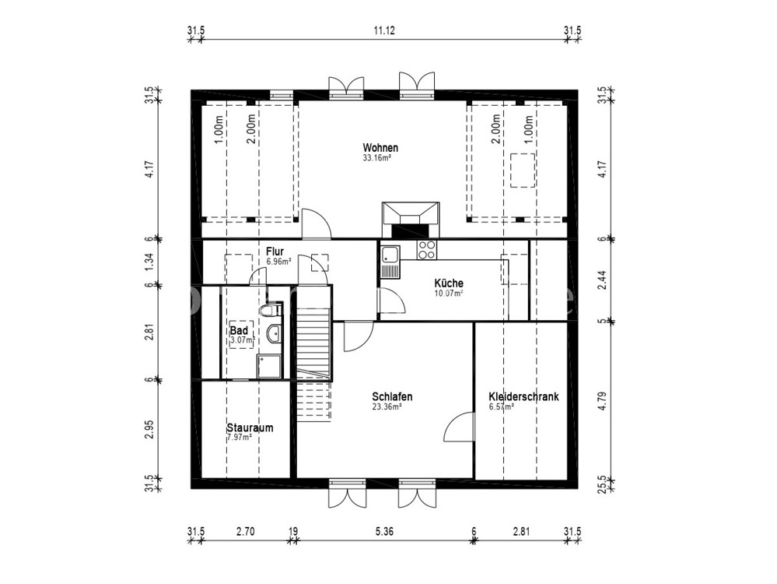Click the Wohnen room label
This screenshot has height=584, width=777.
pos(380,148)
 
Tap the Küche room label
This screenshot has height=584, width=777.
pos(449,283)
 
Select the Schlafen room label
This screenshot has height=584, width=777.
pos(392,397)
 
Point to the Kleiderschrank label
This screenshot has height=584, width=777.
pos(523,397)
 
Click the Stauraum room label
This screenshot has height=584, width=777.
pos(250,427)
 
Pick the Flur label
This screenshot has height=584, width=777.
pos(275,251)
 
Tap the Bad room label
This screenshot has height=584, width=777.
pos(239,331)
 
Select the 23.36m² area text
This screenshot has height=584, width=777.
pos(387,407)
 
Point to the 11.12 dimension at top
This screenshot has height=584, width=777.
pos(384,30)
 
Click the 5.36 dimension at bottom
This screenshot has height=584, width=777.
pos(384,531)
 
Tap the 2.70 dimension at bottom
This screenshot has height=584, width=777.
pos(245,531)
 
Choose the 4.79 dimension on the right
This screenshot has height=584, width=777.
pos(602,401)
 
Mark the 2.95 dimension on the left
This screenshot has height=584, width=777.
pos(148,430)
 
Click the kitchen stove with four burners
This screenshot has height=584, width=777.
pos(427,250)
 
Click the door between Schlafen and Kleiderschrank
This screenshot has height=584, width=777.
pos(460,426)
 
